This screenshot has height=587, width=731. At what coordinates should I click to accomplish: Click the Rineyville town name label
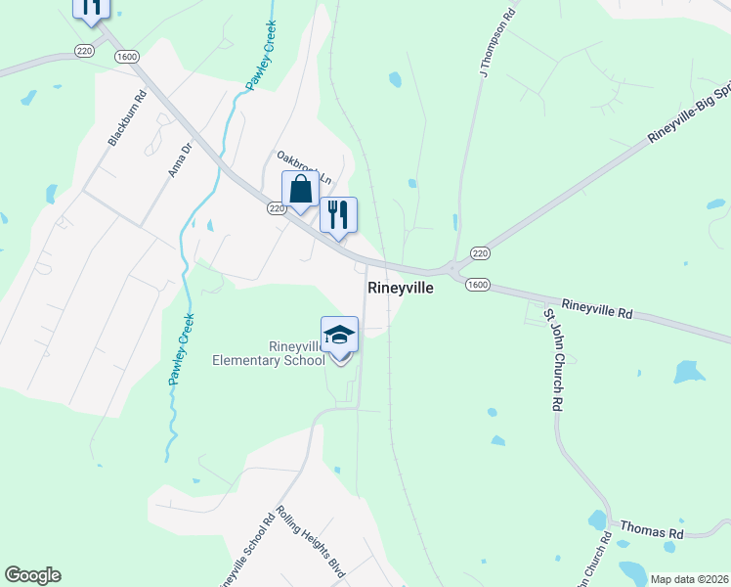[x=400, y=289]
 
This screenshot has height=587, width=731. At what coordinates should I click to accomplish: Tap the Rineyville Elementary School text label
[x=269, y=353]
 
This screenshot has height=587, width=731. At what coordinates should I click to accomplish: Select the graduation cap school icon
[x=339, y=335]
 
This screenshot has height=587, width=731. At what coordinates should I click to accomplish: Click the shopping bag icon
[x=301, y=190]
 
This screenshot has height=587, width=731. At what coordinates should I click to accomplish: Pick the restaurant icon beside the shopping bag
[x=338, y=215]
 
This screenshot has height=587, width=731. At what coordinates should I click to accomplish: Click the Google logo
[x=32, y=575]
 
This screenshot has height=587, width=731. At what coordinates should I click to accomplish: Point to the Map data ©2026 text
[x=689, y=579]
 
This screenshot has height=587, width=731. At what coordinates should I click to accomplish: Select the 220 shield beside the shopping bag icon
[x=277, y=208]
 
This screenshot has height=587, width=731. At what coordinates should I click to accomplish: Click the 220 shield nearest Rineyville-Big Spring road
[x=479, y=253]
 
